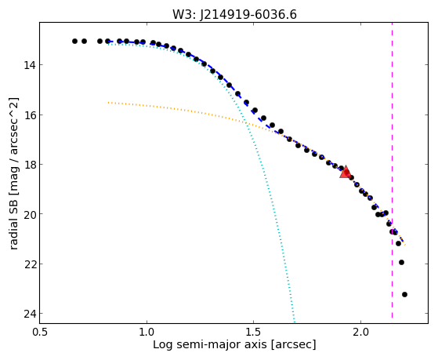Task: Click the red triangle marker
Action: [x=346, y=172]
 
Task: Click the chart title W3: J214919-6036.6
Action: [x=234, y=15]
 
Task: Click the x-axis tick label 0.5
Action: [x=40, y=332]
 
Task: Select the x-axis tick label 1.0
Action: [x=147, y=332]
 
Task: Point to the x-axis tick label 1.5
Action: [x=253, y=332]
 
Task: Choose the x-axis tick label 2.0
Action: [x=360, y=332]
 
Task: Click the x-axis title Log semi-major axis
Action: [x=210, y=344]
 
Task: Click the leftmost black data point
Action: [x=74, y=41]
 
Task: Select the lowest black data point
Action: [x=404, y=294]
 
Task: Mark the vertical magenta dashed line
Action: [x=393, y=170]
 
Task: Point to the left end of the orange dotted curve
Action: [x=108, y=103]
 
